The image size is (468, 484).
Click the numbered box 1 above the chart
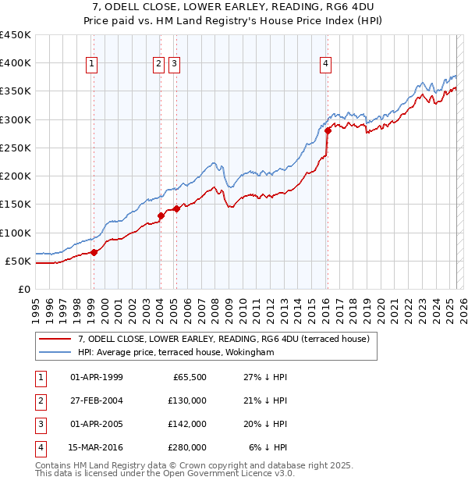92,64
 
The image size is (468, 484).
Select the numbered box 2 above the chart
158,64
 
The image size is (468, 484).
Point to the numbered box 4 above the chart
325,64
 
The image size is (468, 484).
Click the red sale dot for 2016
328,130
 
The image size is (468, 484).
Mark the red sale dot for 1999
94,251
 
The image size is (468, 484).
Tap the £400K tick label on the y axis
16,63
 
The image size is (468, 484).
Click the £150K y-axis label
16,205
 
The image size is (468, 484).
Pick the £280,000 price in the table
188,447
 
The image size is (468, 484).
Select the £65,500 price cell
190,377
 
